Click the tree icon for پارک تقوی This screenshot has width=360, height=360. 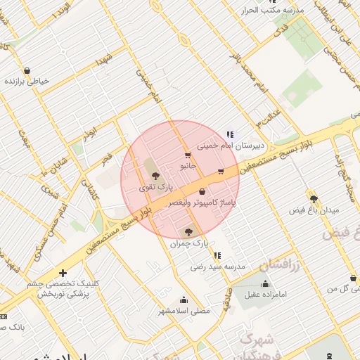pos(155,176)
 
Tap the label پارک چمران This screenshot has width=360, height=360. pos(189,243)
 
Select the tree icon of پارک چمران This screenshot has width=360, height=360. pos(188,231)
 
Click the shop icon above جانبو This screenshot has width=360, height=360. pos(187,155)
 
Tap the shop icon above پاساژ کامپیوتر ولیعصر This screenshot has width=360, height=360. pos(202,191)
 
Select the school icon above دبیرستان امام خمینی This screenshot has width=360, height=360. pos(229,134)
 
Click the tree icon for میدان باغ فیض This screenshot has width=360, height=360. pos(314,199)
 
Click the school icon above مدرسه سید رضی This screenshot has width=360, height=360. pos(217,255)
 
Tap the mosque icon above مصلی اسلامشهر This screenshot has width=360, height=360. pos(184,299)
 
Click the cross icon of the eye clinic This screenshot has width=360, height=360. pos(63,273)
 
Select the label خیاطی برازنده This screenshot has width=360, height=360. pos(27,82)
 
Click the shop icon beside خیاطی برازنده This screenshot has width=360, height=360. pos(27,70)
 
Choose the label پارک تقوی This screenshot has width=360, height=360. pos(154,188)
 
